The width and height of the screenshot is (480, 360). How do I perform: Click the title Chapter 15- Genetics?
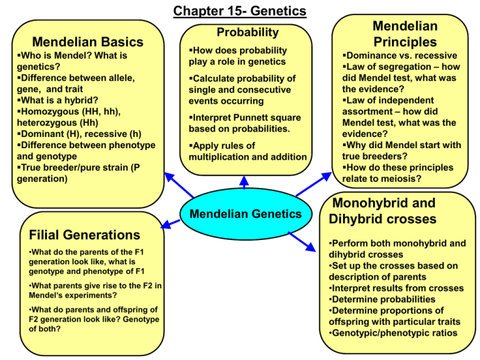click(x=240, y=11)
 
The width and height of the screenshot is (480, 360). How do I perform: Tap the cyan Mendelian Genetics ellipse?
click(x=246, y=214)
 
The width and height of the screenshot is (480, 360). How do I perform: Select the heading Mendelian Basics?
click(x=88, y=42)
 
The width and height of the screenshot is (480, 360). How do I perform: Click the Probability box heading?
click(x=247, y=32)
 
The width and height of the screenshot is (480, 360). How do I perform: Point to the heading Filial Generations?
click(x=84, y=235)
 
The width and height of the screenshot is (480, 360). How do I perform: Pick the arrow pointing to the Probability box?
click(x=244, y=182)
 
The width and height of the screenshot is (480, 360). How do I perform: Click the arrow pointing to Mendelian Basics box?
click(x=179, y=185)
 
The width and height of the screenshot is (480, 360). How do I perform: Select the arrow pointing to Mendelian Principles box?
click(x=314, y=184)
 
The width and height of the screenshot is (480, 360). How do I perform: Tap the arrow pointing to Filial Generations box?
click(x=170, y=224)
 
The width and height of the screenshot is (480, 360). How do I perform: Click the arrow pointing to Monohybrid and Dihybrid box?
click(x=302, y=242)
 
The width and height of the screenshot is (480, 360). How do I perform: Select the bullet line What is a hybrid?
click(x=58, y=100)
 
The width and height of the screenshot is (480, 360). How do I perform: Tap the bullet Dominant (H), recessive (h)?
click(x=79, y=134)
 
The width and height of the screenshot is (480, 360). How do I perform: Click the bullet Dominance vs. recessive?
click(x=400, y=56)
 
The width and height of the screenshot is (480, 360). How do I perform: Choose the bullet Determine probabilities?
click(x=382, y=299)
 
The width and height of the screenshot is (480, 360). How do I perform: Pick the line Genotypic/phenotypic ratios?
click(x=393, y=332)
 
